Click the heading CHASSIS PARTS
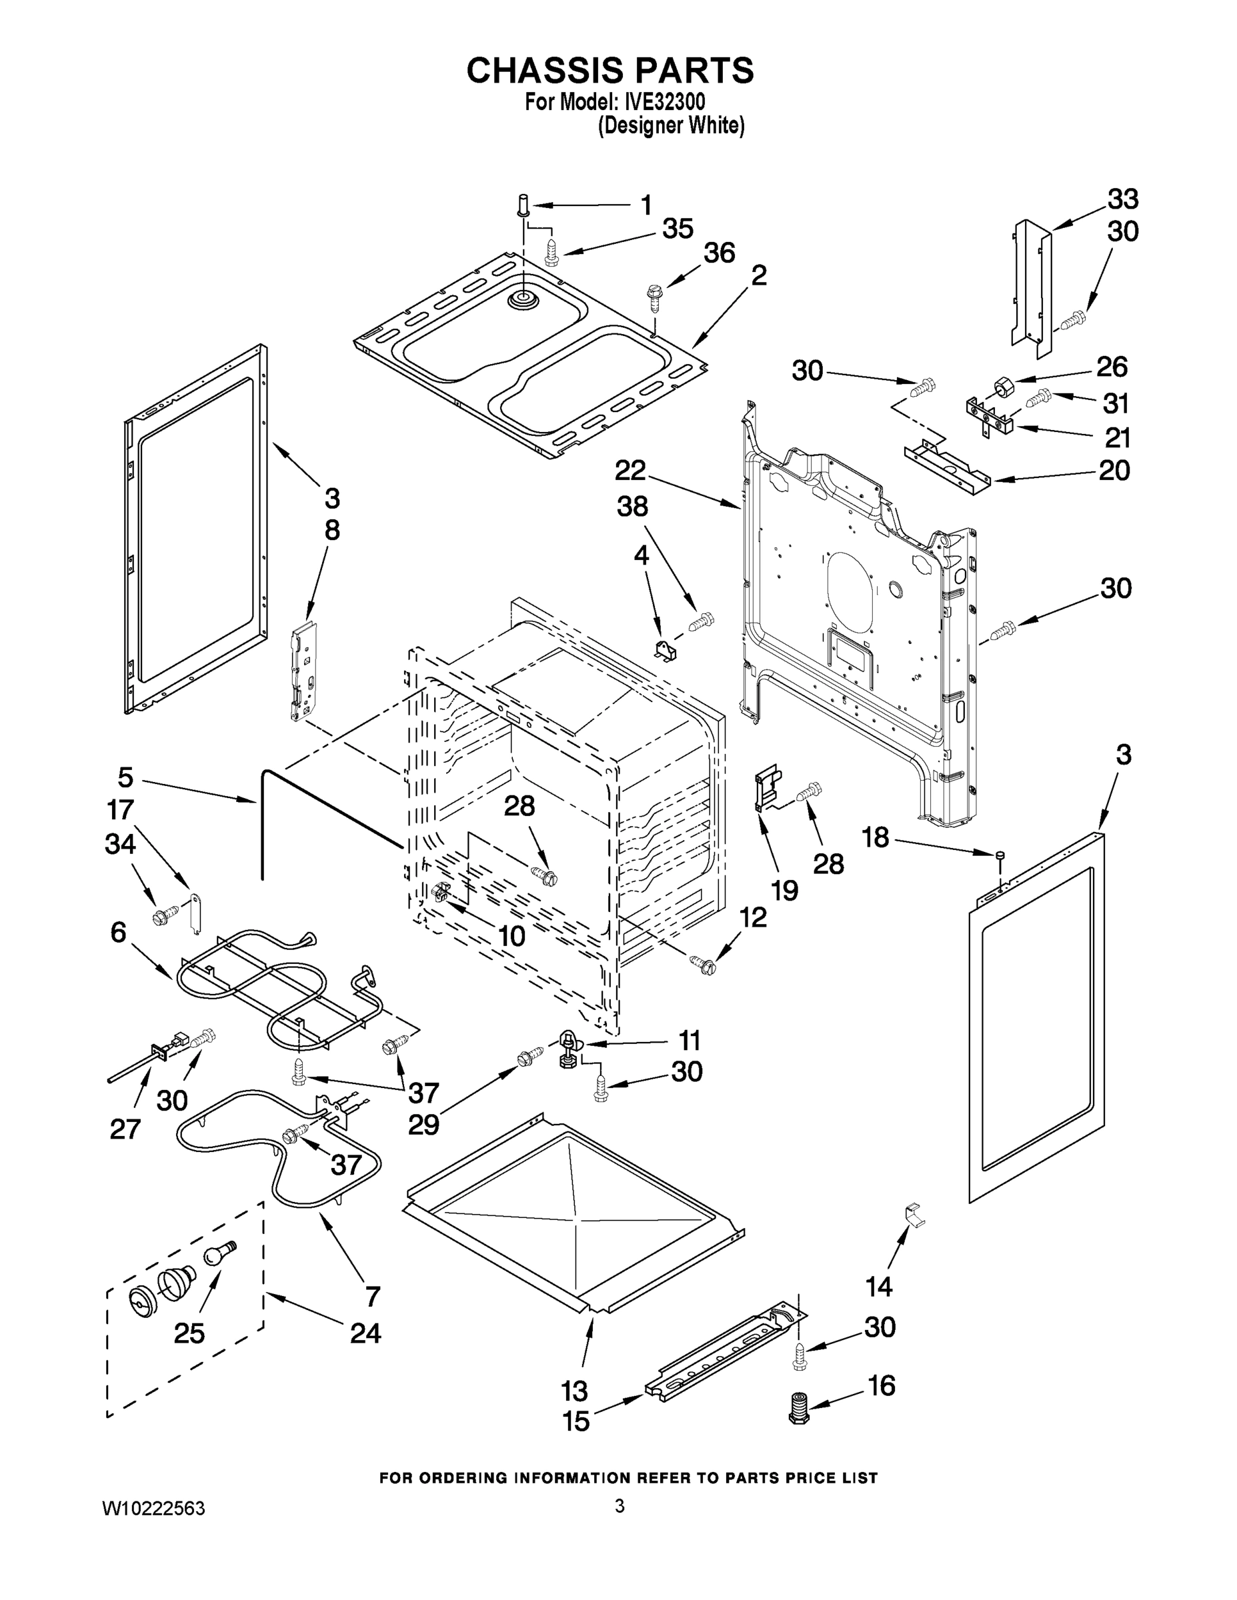609,70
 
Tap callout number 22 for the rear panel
630,469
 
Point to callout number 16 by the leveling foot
881,1385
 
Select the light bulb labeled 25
218,1253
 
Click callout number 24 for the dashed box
365,1333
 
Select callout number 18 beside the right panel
875,837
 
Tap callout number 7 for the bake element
372,1296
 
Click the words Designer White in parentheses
672,126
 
